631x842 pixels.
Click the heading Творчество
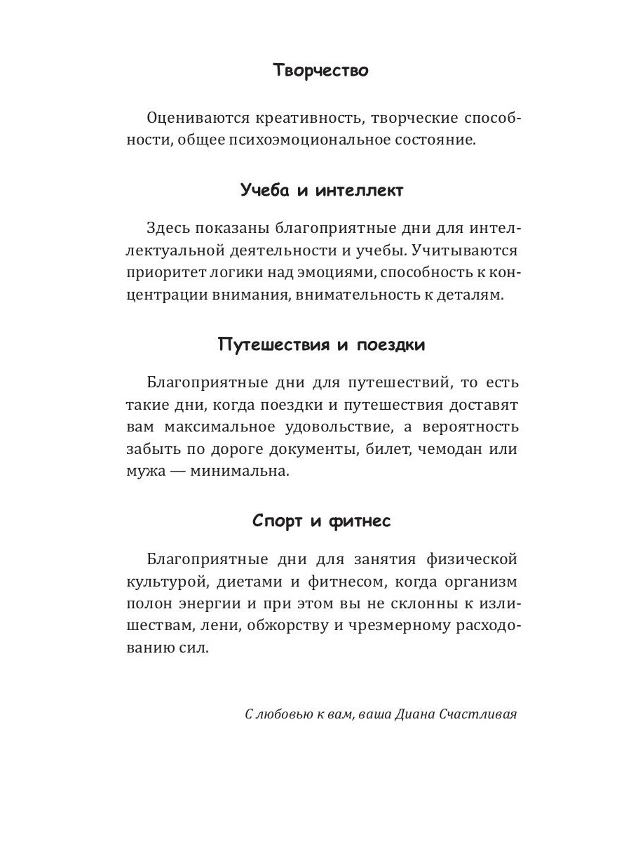[x=320, y=70]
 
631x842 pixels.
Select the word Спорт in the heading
[x=278, y=521]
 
